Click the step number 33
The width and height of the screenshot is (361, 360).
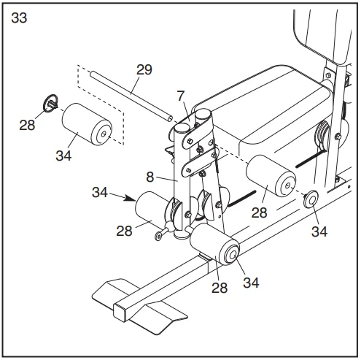point(19,18)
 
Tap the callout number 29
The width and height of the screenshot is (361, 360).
point(144,69)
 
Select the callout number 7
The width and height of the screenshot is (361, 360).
point(181,96)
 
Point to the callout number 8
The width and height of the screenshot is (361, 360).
point(150,177)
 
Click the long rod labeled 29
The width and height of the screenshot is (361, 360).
point(131,96)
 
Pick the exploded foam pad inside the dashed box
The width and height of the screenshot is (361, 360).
point(87,124)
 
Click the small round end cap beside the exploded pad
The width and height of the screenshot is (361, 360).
point(50,104)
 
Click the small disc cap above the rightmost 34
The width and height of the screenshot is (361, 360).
point(311,199)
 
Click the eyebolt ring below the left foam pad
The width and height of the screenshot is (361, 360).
point(158,236)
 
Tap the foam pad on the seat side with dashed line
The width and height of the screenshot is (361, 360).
point(271,176)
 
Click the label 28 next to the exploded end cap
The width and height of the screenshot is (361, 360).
point(27,125)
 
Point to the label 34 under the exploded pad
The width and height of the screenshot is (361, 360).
point(63,156)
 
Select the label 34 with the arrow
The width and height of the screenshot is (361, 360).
point(100,192)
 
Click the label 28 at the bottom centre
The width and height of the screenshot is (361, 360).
point(220,288)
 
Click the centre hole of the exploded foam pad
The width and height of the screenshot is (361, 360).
point(104,134)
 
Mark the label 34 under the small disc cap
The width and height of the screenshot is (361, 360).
point(319,231)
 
